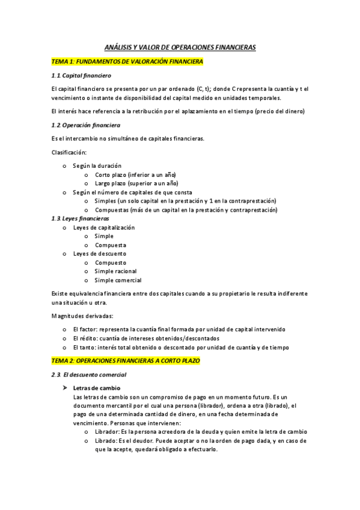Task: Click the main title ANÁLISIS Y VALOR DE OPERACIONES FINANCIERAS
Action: [x=180, y=47]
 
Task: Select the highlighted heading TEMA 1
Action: [x=127, y=61]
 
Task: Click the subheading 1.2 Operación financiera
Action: [x=86, y=125]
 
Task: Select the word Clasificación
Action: [x=69, y=152]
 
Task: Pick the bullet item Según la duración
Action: [x=97, y=165]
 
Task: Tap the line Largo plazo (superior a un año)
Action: [x=136, y=183]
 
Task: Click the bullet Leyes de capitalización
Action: [x=104, y=227]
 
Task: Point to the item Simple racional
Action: [x=115, y=271]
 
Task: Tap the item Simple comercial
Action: [x=118, y=280]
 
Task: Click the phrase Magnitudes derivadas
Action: [x=82, y=316]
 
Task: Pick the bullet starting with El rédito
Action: [x=146, y=338]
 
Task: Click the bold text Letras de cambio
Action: [x=96, y=388]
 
